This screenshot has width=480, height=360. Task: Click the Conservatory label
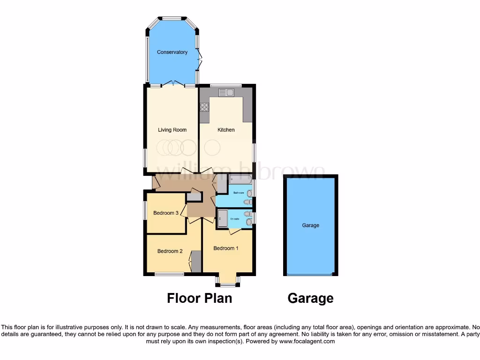tap(172, 52)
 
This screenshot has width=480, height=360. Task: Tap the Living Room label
tap(172, 130)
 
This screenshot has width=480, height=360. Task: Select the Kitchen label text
tap(226, 130)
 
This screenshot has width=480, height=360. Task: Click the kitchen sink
tap(226, 92)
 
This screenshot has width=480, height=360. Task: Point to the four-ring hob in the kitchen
tap(204, 107)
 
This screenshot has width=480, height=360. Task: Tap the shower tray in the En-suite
tap(222, 218)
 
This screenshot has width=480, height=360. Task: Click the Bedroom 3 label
tap(165, 213)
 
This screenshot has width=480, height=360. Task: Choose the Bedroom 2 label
tap(170, 251)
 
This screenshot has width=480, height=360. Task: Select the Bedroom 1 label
tap(226, 248)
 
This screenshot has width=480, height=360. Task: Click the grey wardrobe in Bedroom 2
tap(196, 261)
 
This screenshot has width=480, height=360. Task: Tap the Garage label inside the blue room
tap(310, 225)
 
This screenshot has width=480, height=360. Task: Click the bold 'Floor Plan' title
tap(199, 298)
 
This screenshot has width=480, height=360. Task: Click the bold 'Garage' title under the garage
tap(310, 298)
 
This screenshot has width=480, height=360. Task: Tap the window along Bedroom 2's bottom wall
tap(169, 274)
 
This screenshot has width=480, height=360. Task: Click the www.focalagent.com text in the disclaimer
tap(307, 341)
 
